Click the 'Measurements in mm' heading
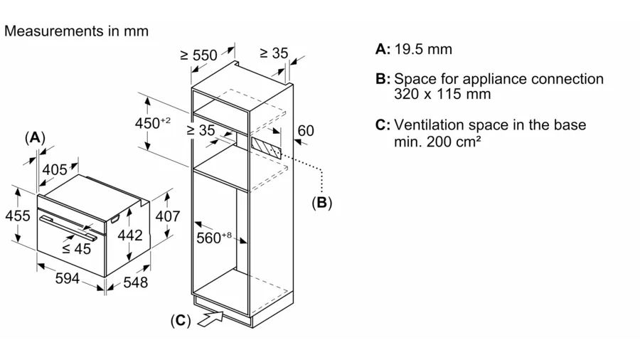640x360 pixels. (77, 31)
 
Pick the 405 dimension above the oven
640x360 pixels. (54, 169)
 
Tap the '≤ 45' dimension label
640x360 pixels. (76, 249)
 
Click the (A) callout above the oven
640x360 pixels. (34, 138)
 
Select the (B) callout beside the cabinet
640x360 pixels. (321, 203)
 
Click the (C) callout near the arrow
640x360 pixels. (181, 321)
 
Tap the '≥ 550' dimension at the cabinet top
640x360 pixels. (198, 55)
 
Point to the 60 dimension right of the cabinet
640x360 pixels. (305, 130)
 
